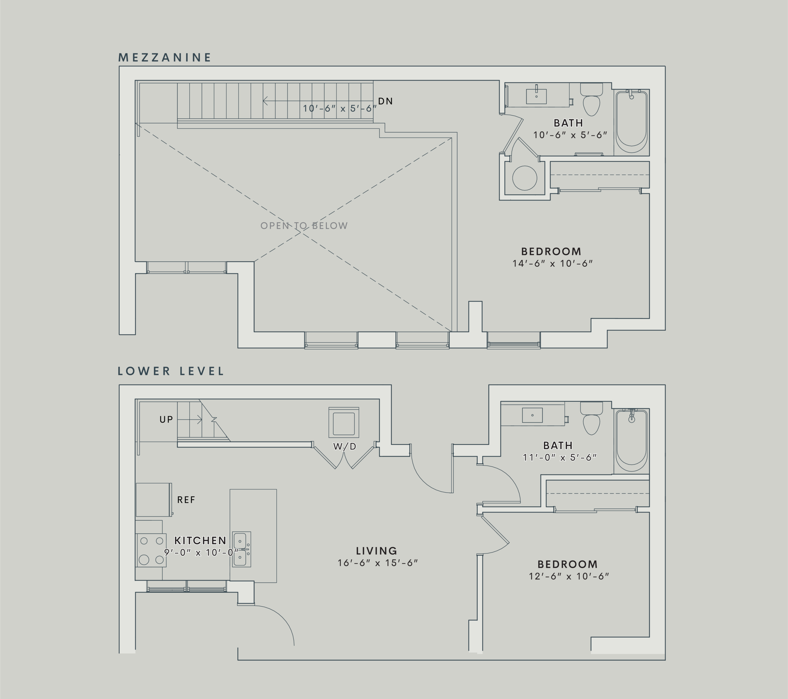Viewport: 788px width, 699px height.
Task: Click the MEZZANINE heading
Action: (165, 58)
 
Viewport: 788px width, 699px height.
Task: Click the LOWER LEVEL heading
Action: (171, 371)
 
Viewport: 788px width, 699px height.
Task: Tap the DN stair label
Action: (385, 101)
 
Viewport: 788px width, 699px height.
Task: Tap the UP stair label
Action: (166, 419)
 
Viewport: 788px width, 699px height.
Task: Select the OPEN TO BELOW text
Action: (304, 226)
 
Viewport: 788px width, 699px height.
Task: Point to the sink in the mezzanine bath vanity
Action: (536, 97)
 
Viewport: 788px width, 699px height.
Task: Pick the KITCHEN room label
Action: (200, 540)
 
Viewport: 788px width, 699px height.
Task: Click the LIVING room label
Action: (376, 551)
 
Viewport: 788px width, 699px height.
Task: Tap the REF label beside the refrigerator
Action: (186, 500)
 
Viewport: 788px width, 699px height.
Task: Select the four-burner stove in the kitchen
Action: (151, 550)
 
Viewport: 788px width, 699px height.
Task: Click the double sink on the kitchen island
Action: (241, 550)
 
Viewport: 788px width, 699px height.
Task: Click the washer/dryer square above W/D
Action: (344, 423)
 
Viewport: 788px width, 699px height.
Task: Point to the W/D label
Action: (344, 446)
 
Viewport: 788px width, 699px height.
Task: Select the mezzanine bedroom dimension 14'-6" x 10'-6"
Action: (552, 264)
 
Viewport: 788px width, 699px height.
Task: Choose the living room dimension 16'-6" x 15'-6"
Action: (377, 563)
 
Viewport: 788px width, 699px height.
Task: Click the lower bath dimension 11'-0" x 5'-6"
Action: (559, 458)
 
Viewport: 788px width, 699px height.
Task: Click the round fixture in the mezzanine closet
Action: (525, 178)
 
